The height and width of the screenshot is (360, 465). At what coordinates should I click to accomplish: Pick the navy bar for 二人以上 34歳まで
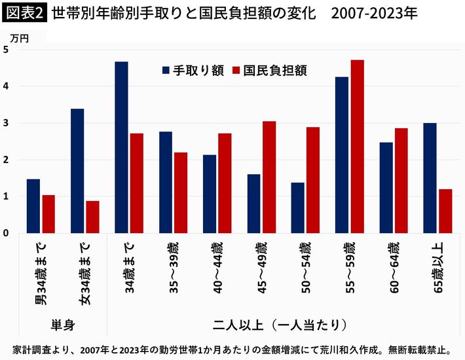(x=121, y=147)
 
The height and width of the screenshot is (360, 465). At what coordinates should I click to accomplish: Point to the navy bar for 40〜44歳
(x=210, y=194)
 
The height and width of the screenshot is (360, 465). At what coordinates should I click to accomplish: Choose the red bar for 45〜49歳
(x=269, y=177)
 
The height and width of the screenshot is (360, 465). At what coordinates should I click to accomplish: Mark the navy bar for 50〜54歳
(x=297, y=207)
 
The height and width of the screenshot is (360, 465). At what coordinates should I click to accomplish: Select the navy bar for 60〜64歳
(x=386, y=187)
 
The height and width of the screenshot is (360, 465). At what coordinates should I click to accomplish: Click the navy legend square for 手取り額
(x=166, y=69)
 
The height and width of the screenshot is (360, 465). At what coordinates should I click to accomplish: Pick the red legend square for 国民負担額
(x=236, y=69)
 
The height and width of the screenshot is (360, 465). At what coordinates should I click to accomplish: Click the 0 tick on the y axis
(x=5, y=233)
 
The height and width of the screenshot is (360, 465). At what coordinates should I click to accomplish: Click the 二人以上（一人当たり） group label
(x=280, y=324)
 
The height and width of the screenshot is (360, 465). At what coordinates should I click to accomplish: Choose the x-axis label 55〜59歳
(x=349, y=266)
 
